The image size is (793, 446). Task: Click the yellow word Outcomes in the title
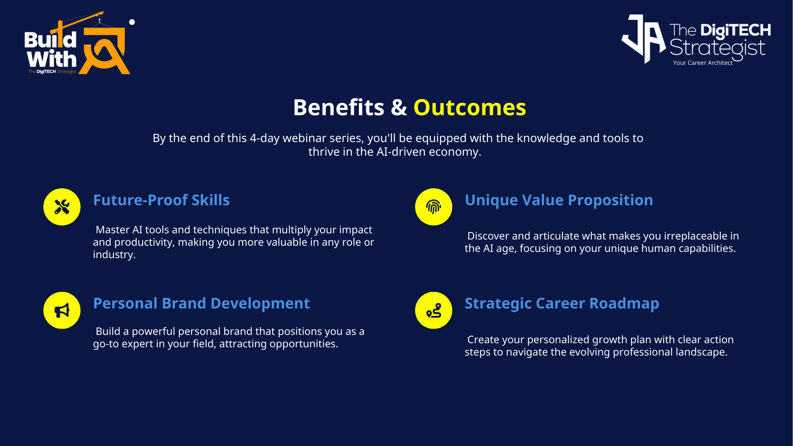[470, 107]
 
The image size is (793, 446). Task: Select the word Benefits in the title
[339, 107]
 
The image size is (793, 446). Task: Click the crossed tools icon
[62, 207]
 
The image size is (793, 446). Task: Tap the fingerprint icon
[434, 207]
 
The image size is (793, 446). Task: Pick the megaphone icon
[62, 311]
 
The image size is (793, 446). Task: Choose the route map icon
[434, 311]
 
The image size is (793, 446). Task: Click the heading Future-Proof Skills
[161, 200]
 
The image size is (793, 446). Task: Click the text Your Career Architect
[703, 63]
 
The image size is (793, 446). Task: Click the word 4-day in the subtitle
[265, 138]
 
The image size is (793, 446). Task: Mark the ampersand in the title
[399, 107]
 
